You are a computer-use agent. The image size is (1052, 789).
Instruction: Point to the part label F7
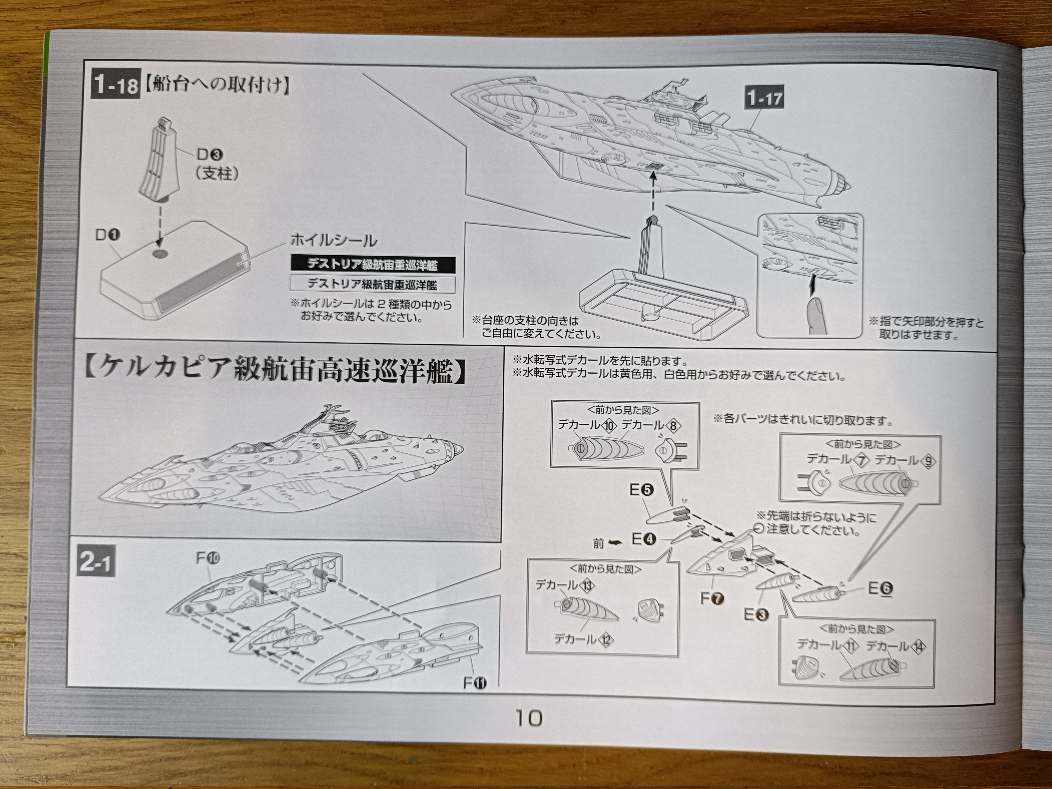712,598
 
